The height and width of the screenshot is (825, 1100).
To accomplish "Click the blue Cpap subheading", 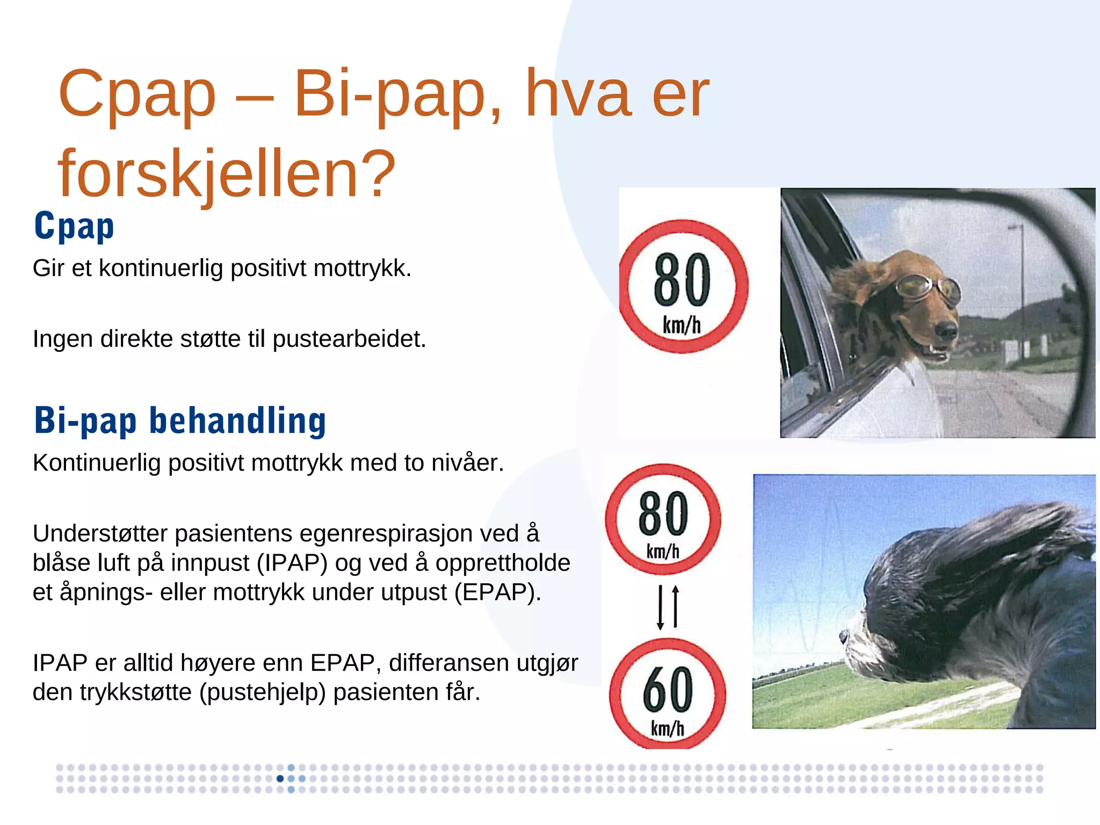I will [74, 227].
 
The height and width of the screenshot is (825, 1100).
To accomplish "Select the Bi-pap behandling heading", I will [180, 421].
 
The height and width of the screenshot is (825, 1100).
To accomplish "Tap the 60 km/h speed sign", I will [668, 693].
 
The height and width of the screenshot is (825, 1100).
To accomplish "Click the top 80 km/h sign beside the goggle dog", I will [682, 286].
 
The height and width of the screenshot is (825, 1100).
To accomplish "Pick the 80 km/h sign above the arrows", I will [663, 519].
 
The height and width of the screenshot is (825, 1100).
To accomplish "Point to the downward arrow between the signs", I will [661, 607].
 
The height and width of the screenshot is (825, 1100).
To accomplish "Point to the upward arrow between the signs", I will [676, 606].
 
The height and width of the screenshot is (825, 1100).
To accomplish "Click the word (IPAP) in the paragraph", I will [292, 563].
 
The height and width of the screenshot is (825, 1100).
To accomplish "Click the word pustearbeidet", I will [349, 339].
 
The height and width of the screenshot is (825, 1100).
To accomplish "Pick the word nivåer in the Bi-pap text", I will [468, 463].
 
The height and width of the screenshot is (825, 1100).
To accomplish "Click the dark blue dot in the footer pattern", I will [280, 779].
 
